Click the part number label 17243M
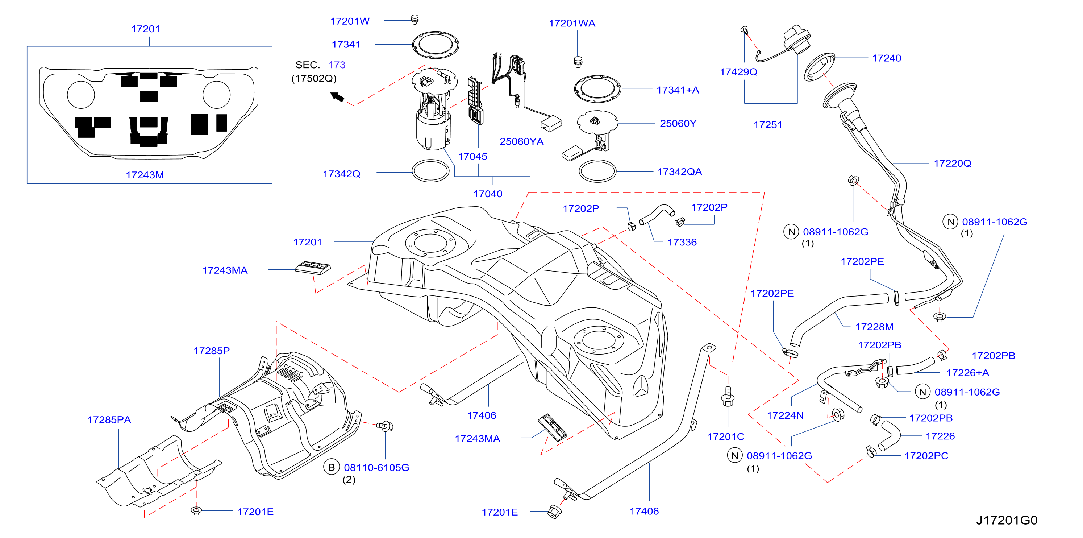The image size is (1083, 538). click(145, 175)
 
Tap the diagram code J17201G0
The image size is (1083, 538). click(1007, 520)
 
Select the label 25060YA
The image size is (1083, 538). click(521, 141)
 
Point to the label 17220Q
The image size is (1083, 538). click(952, 163)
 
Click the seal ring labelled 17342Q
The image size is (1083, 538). click(430, 171)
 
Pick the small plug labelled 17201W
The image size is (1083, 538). click(415, 19)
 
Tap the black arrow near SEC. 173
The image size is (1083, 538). click(337, 97)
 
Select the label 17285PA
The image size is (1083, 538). click(109, 419)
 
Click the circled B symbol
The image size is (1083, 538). click(331, 467)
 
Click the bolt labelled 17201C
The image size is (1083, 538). click(728, 396)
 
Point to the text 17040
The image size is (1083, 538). click(488, 194)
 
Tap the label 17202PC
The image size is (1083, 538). click(926, 456)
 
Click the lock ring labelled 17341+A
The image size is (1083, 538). click(597, 89)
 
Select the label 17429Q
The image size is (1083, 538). click(738, 72)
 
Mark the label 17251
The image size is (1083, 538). click(768, 124)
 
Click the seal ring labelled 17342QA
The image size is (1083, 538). click(597, 171)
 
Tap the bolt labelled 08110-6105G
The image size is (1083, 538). click(384, 427)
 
